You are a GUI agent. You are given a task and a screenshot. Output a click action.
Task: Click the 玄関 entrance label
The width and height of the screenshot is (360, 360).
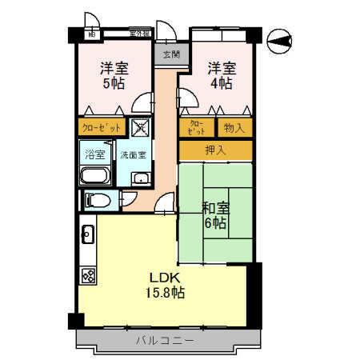tap(170, 55)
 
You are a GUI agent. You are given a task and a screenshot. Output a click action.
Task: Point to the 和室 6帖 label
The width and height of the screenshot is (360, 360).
tap(215, 214)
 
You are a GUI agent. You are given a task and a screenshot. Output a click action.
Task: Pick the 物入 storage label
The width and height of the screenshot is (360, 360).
tap(234, 126)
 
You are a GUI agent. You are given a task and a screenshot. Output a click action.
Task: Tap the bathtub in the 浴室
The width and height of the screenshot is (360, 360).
tap(95, 176)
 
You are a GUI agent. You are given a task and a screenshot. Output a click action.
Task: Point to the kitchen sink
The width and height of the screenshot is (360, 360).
tap(88, 235)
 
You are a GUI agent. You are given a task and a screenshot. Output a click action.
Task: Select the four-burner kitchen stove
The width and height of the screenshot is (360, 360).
tap(88, 276)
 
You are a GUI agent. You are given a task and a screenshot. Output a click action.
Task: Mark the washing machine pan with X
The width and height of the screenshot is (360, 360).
tap(140, 126)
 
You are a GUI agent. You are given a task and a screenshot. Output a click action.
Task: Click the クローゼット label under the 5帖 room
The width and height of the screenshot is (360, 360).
tap(101, 126)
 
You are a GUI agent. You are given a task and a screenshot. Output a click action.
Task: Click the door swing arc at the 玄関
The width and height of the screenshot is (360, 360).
tap(166, 32)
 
